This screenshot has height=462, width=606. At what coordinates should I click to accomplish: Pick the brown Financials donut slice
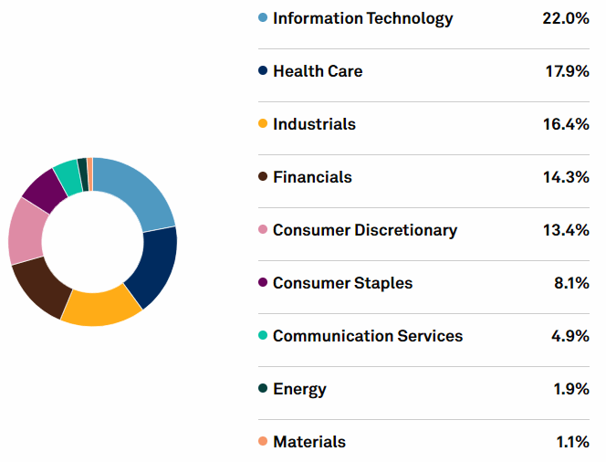[38, 287]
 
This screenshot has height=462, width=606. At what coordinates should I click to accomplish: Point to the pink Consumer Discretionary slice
[26, 230]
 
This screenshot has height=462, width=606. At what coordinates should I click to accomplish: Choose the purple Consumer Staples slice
[45, 186]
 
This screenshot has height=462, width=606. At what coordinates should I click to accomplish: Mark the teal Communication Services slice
[67, 170]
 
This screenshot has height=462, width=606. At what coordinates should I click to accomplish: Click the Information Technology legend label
[362, 18]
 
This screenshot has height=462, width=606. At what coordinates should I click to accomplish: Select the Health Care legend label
[318, 71]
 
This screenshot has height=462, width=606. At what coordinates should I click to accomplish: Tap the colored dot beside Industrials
[263, 124]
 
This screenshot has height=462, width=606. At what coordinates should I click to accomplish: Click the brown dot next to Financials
[263, 177]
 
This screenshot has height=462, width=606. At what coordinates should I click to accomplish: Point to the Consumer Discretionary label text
[364, 230]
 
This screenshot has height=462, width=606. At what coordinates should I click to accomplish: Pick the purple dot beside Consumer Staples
[263, 283]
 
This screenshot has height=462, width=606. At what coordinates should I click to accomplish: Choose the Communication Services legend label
[367, 336]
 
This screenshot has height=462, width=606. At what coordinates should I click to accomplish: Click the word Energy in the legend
[299, 389]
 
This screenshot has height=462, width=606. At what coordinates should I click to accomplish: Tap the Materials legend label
[309, 442]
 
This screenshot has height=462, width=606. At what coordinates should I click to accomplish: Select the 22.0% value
[565, 18]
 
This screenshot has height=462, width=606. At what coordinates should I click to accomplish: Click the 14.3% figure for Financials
[565, 177]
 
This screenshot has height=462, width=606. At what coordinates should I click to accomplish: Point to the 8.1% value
[571, 283]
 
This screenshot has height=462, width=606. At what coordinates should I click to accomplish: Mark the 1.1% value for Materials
[572, 442]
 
